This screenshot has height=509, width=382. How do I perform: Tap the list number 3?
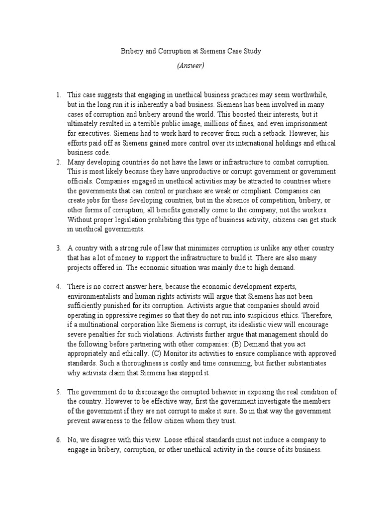[x=58, y=248]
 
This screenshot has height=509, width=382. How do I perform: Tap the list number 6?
[x=58, y=441]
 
